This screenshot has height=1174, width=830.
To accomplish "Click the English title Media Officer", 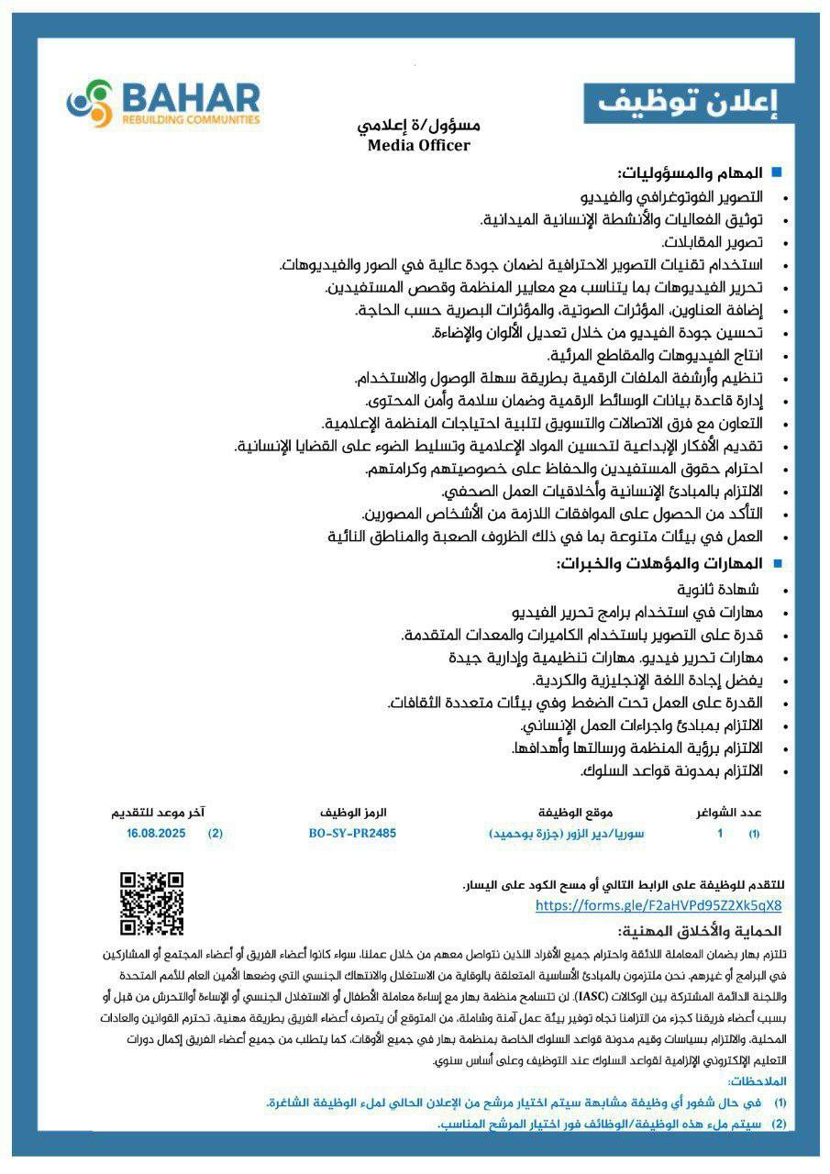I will click(x=418, y=145).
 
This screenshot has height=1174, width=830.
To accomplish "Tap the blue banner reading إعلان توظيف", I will click(x=688, y=103).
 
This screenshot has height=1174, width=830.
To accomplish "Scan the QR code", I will click(x=151, y=903).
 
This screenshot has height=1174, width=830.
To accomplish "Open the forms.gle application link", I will click(x=658, y=905).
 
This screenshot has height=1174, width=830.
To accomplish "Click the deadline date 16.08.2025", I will click(x=157, y=834).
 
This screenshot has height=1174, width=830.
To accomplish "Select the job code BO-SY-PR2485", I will click(x=353, y=834).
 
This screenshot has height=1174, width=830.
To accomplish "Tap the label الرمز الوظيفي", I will click(x=353, y=813).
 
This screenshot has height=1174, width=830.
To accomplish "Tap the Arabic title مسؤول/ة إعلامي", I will click(x=419, y=126).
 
